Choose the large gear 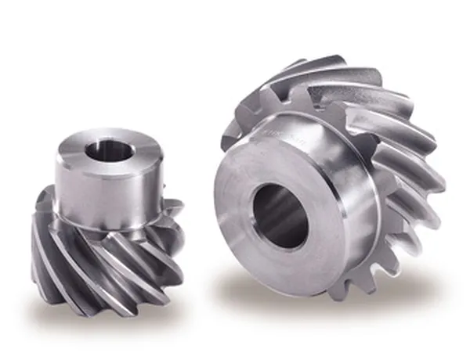click(329, 180)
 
